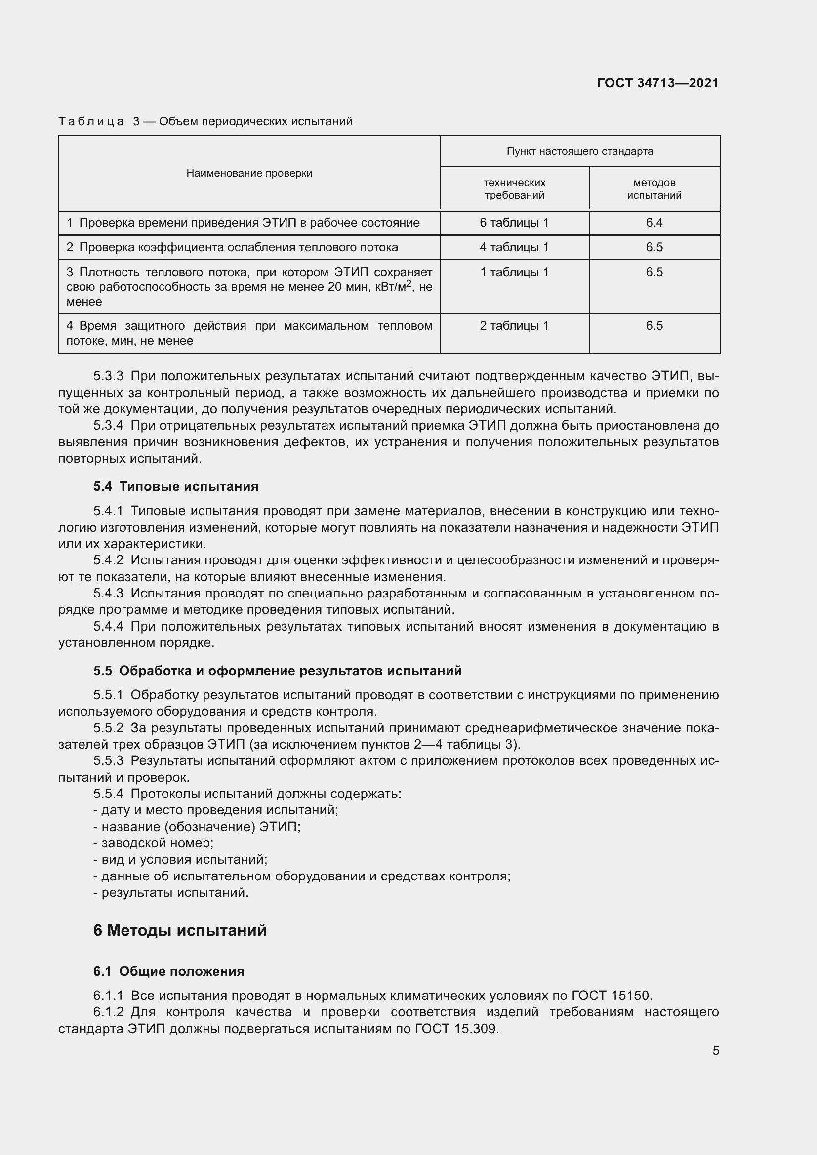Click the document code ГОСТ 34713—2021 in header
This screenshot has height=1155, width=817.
click(x=657, y=83)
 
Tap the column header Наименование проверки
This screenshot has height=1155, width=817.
click(x=249, y=173)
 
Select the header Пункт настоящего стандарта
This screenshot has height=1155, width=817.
click(x=579, y=151)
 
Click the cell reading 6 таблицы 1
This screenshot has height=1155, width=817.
click(x=514, y=223)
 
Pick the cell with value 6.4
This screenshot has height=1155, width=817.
click(x=654, y=223)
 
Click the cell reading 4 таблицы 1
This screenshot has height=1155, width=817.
click(x=514, y=247)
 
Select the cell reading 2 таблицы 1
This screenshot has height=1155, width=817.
click(x=514, y=326)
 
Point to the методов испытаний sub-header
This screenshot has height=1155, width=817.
click(x=654, y=189)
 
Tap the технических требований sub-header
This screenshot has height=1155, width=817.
click(x=514, y=189)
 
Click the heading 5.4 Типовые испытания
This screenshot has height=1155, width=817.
click(x=175, y=486)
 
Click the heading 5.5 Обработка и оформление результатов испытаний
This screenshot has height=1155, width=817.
click(x=277, y=671)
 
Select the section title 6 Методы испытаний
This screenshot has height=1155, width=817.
click(x=180, y=931)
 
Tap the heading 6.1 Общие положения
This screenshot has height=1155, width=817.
click(x=168, y=971)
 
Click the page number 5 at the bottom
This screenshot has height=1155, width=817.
click(x=715, y=1051)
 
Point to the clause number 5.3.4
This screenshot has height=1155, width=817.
click(x=108, y=426)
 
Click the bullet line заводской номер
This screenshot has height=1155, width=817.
click(x=154, y=843)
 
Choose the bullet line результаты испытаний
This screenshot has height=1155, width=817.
click(x=171, y=892)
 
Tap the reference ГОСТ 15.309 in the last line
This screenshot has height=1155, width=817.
click(x=456, y=1029)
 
